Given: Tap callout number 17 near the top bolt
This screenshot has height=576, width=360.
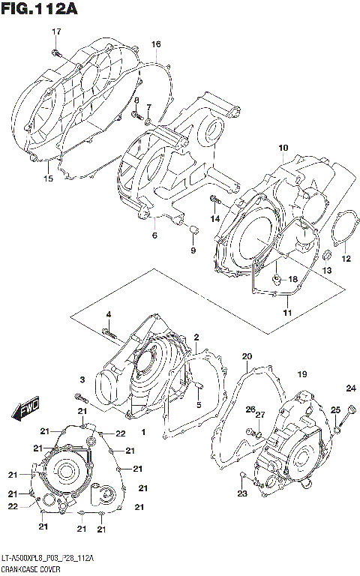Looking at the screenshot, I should [x=55, y=31].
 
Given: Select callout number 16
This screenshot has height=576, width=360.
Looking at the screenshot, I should [x=155, y=45].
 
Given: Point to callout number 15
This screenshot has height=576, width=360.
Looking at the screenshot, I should [x=48, y=178].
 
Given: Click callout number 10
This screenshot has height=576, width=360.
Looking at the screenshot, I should [x=283, y=148].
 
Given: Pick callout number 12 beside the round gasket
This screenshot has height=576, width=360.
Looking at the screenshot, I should [x=346, y=259].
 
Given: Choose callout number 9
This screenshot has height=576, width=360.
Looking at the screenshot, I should [x=192, y=250].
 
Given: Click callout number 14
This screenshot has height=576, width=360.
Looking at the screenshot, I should [x=215, y=218].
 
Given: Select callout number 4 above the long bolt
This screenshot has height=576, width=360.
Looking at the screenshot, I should [x=108, y=314].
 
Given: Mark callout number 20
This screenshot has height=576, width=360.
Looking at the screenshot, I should [x=247, y=356].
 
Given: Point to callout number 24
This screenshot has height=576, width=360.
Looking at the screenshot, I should [x=349, y=388].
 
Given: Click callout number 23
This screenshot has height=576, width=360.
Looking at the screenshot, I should [x=241, y=493].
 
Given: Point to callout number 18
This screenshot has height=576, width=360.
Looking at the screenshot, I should [x=293, y=279].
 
